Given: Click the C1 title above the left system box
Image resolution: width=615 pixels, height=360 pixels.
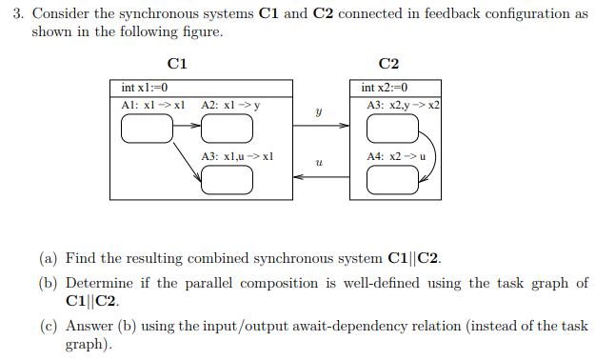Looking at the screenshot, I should pos(177,64).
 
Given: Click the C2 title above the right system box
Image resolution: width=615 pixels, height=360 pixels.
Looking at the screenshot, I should pos(388,64).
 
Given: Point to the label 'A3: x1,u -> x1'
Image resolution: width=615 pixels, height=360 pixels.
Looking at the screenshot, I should pos(238,155).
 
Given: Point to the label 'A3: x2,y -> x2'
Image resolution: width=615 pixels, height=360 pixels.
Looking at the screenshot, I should pos(403,104).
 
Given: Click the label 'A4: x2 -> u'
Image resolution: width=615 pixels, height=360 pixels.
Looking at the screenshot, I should pos(396,155).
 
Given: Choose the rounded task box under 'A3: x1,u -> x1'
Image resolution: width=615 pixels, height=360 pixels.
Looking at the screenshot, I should pos(227,179).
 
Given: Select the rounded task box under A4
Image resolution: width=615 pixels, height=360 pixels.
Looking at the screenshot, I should pos(392,179).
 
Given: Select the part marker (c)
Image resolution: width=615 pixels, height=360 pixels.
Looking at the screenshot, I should pos(48,326).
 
